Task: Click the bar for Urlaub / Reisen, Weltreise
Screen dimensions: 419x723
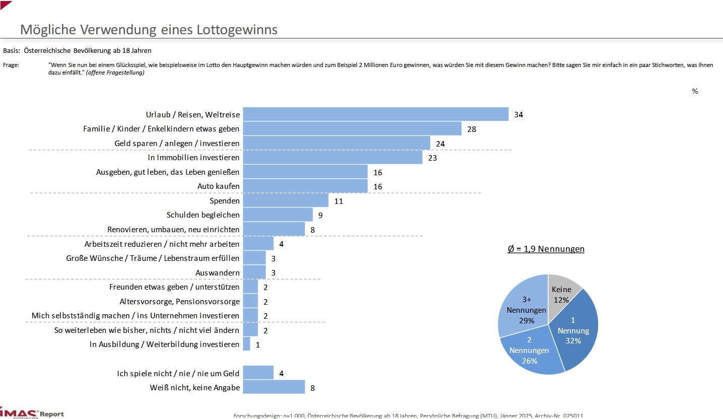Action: [375, 114]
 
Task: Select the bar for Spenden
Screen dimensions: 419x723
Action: [286, 200]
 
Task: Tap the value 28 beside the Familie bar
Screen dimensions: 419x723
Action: [472, 129]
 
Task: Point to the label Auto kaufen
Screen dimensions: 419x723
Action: [219, 186]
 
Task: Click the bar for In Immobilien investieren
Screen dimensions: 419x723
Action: [333, 158]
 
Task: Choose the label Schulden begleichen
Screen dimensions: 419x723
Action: [203, 215]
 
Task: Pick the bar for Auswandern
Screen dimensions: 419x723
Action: [254, 272]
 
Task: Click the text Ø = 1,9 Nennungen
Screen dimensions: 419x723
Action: [546, 249]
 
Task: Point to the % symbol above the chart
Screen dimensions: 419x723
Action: [695, 91]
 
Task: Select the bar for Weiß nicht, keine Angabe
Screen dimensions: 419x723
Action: [274, 387]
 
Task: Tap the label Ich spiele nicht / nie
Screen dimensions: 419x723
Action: [178, 373]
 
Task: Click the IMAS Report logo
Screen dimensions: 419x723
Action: [33, 413]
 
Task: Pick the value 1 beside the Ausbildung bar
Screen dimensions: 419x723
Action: [257, 344]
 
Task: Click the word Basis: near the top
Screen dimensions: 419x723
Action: [12, 50]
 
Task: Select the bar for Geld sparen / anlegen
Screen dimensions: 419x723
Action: [337, 143]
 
